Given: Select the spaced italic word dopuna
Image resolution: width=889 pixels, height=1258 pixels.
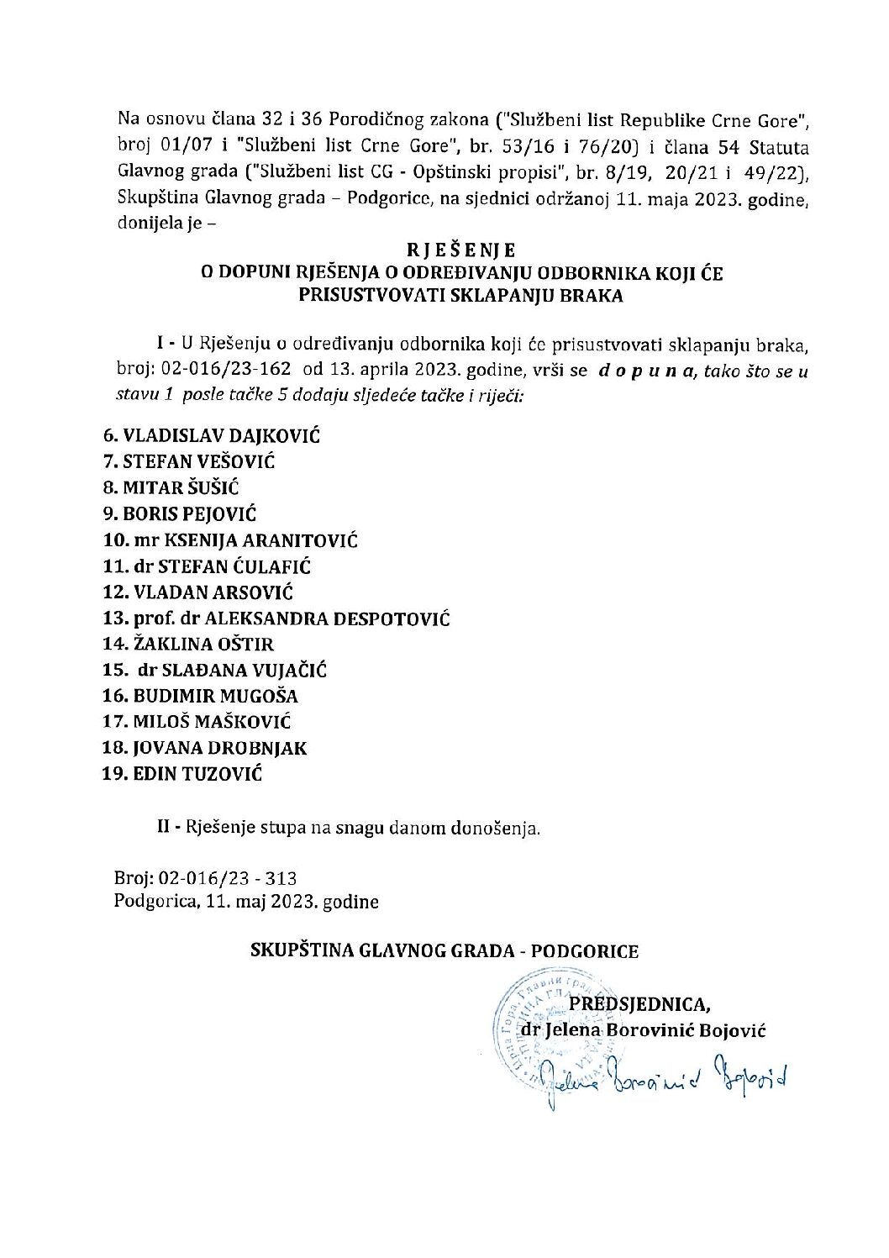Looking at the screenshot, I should pyautogui.click(x=645, y=371).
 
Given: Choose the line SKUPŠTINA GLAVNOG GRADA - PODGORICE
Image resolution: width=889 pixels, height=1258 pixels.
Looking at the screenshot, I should pyautogui.click(x=444, y=951).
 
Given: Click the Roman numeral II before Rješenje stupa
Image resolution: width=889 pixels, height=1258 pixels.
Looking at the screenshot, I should pyautogui.click(x=165, y=828).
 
